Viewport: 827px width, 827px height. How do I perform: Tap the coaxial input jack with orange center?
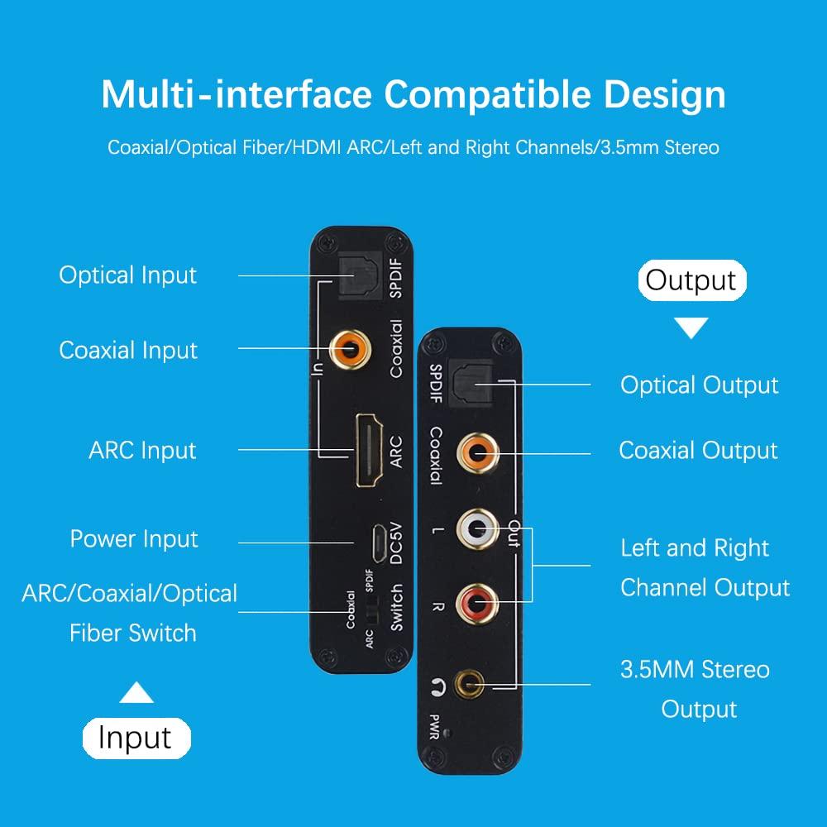tap(348, 349)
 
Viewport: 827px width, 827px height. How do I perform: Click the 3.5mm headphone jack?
tap(474, 683)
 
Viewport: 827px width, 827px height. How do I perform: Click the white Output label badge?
tap(691, 280)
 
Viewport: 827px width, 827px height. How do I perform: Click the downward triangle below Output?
tap(692, 329)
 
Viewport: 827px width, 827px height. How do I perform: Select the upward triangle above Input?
tap(136, 692)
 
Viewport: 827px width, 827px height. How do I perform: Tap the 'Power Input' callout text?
tap(134, 539)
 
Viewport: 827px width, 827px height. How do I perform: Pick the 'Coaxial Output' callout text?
tap(698, 451)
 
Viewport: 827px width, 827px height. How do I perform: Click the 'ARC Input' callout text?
tap(142, 451)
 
